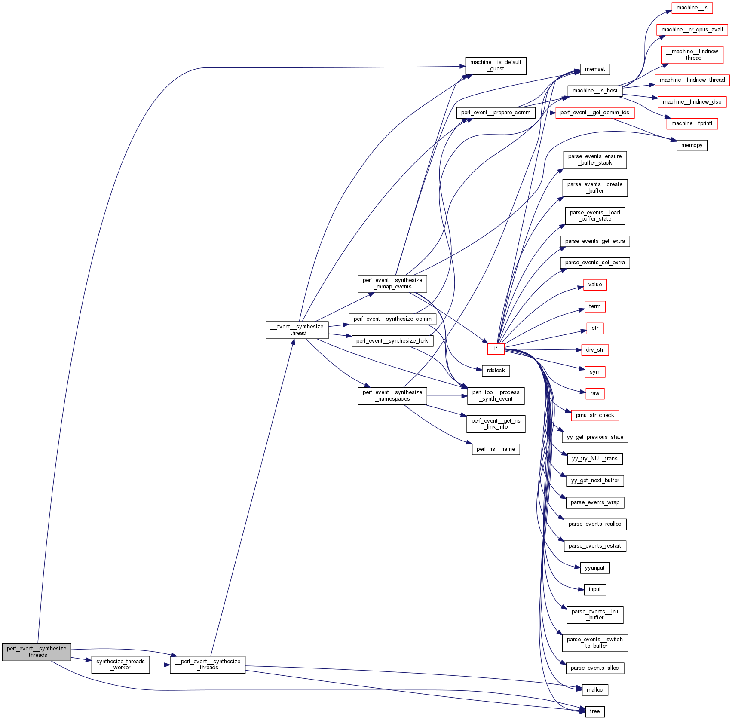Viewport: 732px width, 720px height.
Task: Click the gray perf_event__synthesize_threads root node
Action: [x=37, y=652]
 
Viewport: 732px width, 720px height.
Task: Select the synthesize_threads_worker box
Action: [x=120, y=665]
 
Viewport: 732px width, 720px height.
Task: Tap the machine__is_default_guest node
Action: [x=496, y=65]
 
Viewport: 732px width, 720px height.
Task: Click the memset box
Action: [x=595, y=69]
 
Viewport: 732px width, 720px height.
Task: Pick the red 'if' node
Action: [x=496, y=349]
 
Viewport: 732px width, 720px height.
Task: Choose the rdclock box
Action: [x=496, y=371]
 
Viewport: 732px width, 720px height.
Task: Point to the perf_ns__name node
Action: [x=496, y=449]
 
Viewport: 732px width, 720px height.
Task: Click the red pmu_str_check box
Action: [x=595, y=415]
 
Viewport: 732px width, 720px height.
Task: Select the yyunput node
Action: [x=595, y=568]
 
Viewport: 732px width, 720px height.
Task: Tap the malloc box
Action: [x=595, y=690]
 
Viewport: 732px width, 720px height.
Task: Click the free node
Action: [x=595, y=711]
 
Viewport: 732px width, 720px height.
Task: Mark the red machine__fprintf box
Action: [x=692, y=123]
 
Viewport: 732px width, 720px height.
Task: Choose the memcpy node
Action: [x=692, y=145]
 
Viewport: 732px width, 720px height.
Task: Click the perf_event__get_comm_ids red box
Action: [x=595, y=113]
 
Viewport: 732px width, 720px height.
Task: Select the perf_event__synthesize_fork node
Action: [x=392, y=341]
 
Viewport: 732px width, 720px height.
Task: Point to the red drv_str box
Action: [x=595, y=350]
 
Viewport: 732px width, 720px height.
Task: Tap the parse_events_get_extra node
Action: [x=595, y=241]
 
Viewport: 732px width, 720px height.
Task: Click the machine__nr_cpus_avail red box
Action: [x=692, y=30]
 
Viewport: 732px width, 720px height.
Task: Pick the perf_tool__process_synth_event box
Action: [x=496, y=395]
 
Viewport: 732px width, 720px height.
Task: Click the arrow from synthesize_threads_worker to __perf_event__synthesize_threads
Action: [x=160, y=665]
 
